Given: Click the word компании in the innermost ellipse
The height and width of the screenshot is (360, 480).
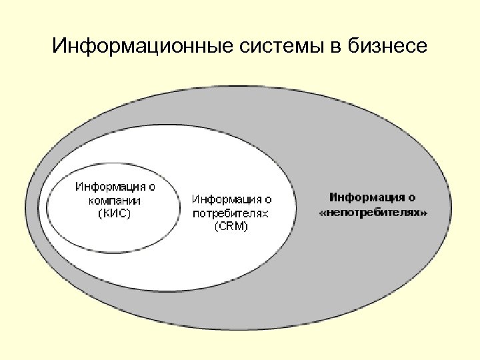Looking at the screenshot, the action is coord(114,200).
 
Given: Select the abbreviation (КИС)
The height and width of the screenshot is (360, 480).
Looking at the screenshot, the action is coord(114,213).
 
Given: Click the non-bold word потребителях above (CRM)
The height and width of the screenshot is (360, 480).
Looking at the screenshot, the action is coord(231,213).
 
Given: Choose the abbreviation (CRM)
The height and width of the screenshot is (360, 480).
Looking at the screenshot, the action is coord(231,227).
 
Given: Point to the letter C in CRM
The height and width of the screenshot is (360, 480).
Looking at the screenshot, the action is coord(221,227).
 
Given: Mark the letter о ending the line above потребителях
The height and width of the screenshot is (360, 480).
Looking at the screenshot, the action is coord(268,199).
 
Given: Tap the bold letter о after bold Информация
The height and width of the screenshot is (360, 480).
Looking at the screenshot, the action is coord(413,197).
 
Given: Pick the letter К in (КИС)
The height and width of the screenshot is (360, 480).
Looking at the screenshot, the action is coord(105,213).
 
